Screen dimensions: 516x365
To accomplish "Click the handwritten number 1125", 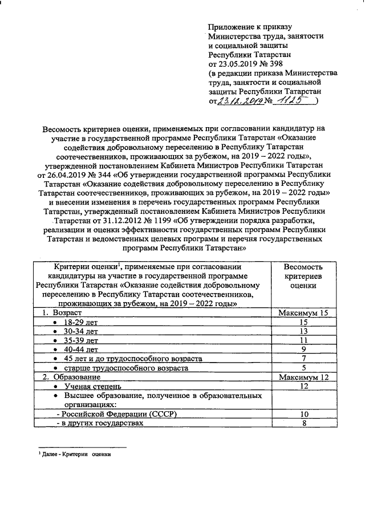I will (290, 100).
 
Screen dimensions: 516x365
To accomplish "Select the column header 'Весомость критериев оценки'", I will (304, 276).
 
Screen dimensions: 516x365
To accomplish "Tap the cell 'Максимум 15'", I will (304, 314).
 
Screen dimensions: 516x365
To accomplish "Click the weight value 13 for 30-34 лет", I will (304, 332).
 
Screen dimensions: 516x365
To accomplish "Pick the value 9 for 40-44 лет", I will (304, 350).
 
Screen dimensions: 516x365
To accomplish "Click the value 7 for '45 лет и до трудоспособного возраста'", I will (304, 359).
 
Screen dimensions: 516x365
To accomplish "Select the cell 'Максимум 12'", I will (304, 377).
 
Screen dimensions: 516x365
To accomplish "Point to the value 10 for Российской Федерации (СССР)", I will (304, 414).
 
